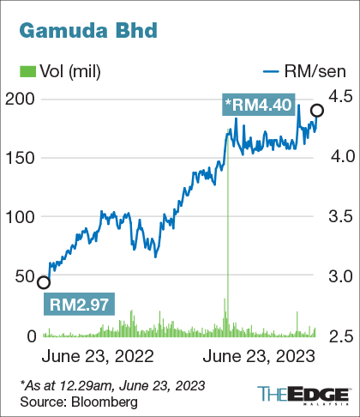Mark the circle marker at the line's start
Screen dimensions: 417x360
click(44, 281)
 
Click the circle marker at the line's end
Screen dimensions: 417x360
click(317, 110)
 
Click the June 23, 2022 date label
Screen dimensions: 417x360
click(98, 354)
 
